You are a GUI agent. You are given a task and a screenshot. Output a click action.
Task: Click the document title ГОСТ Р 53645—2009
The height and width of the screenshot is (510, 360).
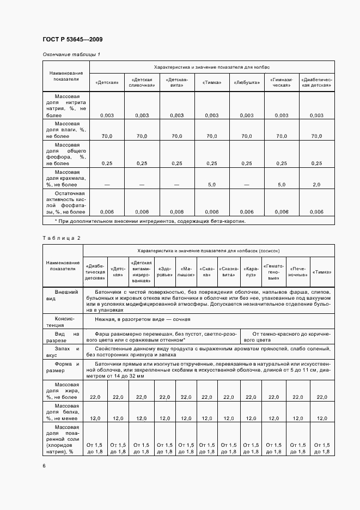click(72, 40)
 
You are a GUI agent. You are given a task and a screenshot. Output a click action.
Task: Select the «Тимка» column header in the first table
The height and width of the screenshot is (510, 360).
click(211, 83)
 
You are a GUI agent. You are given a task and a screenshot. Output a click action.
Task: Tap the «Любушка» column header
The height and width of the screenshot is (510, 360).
click(247, 83)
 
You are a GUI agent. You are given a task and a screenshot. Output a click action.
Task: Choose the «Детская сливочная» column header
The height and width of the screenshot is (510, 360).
click(142, 83)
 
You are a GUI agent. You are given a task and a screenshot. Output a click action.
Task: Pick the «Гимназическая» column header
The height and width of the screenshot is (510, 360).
click(282, 83)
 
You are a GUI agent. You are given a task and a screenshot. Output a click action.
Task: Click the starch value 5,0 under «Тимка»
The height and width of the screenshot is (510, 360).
click(211, 185)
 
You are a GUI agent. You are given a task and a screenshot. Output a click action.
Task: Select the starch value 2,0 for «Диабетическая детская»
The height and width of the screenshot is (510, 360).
click(316, 185)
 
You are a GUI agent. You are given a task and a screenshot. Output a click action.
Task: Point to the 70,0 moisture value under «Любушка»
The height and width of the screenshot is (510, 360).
click(247, 136)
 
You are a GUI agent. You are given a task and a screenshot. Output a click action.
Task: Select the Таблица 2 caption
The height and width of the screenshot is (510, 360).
click(62, 238)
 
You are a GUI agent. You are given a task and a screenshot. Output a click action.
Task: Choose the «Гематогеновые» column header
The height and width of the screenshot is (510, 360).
click(273, 271)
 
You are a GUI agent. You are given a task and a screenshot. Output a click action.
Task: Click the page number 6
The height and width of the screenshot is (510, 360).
click(44, 465)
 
